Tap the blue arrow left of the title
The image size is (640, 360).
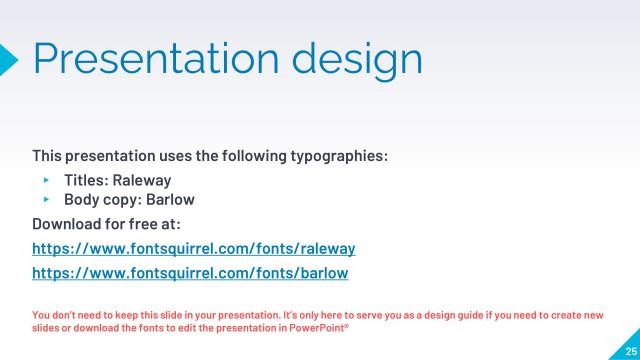(x=8, y=59)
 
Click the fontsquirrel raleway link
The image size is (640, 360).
(x=194, y=248)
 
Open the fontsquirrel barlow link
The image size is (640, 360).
(x=190, y=272)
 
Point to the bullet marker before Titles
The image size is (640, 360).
(x=46, y=181)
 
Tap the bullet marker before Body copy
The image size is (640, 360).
(x=46, y=199)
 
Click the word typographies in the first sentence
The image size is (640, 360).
(x=336, y=157)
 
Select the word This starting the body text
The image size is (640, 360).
(x=49, y=157)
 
